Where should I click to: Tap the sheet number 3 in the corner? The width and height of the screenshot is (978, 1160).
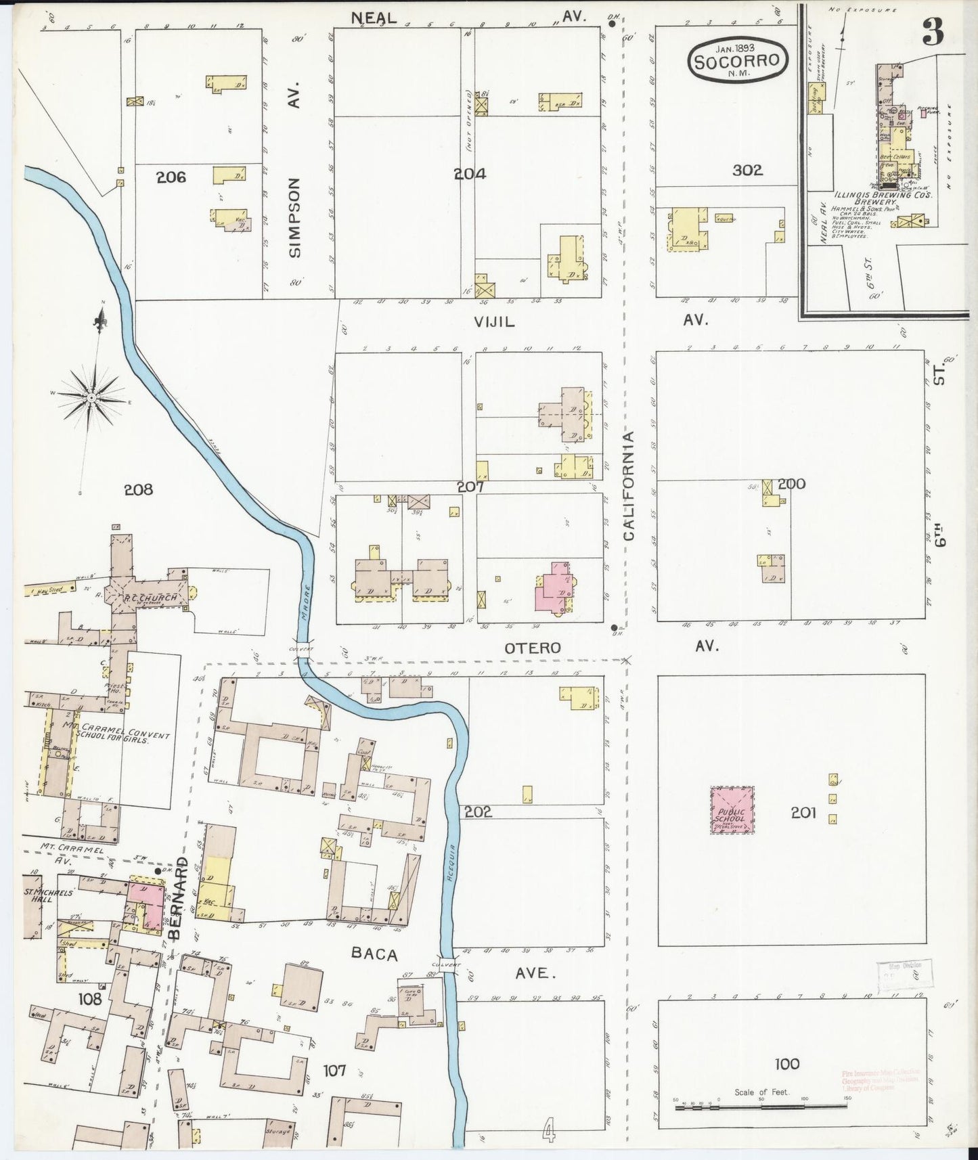tap(933, 32)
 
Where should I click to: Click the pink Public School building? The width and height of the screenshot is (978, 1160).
tap(732, 809)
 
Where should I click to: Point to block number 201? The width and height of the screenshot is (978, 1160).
tap(803, 812)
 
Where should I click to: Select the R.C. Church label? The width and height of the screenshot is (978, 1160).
tap(150, 598)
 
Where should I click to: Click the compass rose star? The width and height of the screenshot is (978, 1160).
tap(91, 398)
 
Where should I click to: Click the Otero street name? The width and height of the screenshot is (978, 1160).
tap(533, 648)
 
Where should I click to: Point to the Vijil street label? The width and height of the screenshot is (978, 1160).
tap(494, 322)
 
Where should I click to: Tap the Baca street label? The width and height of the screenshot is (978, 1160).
tap(374, 954)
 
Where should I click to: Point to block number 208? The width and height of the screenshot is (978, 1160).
tap(139, 489)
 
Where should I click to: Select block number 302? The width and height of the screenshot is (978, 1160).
tap(747, 170)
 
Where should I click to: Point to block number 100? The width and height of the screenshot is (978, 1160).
tap(787, 1063)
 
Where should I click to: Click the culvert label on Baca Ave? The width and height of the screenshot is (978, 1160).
tap(448, 964)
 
